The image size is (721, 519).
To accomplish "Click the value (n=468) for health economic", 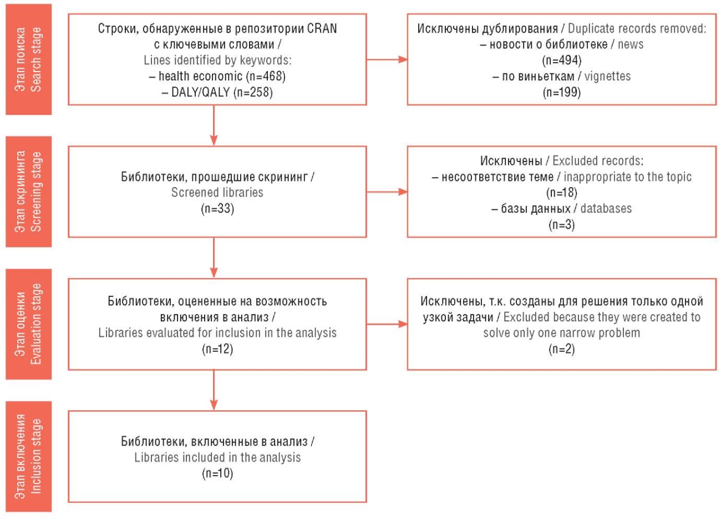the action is [266, 77].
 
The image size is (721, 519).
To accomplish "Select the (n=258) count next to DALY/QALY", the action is [253, 93].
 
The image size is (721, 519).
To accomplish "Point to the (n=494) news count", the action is [562, 61].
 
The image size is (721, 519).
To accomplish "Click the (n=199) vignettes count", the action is [562, 93].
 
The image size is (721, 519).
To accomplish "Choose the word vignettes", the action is [607, 77].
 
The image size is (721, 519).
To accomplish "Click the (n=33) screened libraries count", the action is [217, 209].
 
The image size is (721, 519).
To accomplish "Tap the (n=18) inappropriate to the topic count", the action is [562, 193].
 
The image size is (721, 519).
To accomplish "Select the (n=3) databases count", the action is [562, 225].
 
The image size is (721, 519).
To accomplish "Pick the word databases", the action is [606, 209].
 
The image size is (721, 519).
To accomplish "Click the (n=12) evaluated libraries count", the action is [217, 349].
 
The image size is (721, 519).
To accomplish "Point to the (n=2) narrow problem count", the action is [562, 349].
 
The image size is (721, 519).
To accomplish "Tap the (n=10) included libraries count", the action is [217, 473].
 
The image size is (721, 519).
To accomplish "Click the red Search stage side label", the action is [29, 59].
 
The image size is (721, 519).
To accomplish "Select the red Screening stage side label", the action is [29, 192].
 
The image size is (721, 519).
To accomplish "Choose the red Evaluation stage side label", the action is [29, 324].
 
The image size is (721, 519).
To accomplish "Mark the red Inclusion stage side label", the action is [29, 456].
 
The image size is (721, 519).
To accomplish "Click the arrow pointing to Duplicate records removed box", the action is [387, 59].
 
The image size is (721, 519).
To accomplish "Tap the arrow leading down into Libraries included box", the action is [214, 390].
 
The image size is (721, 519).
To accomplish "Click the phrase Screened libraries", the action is [217, 193].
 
